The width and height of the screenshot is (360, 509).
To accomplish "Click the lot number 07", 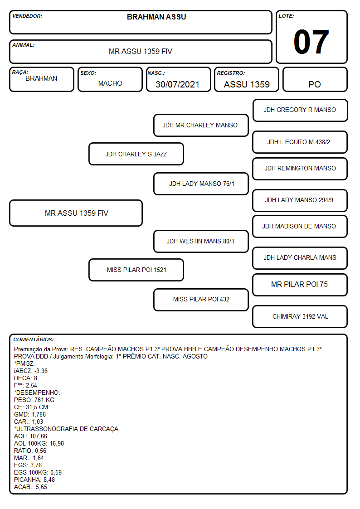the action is tap(311, 42).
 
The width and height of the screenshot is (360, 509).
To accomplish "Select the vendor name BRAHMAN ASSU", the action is tap(156, 17).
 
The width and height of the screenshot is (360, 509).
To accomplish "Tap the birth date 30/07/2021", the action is tap(177, 84).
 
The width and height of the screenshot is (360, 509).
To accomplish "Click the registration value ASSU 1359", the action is tap(247, 84).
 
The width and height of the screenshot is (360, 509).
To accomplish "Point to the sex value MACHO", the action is tap(110, 83).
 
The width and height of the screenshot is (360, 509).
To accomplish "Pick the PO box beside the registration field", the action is tap(315, 79).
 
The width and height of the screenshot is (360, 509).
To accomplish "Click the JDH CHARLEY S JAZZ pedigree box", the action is tap(136, 154).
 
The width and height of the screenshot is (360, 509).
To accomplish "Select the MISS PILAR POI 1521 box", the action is tap(136, 270).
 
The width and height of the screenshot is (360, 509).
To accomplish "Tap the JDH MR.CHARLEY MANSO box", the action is tap(201, 125).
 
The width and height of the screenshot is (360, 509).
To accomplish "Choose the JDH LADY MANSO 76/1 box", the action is tap(201, 184).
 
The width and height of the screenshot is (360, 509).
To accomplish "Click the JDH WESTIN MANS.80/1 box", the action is tap(201, 241).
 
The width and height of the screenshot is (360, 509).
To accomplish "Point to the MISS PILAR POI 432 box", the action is tap(201, 300).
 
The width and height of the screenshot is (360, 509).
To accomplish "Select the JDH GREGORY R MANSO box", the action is tap(300, 111).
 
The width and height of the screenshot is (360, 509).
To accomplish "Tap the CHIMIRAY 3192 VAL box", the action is tap(300, 316).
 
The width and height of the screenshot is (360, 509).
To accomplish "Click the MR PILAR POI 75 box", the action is tap(300, 285).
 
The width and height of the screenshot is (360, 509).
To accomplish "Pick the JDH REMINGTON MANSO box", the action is tap(300, 169).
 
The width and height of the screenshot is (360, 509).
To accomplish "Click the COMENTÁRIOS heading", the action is tap(34, 339).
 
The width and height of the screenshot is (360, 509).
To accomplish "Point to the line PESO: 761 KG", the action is tap(34, 400).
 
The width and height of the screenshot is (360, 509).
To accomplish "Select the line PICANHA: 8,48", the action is tap(34, 480).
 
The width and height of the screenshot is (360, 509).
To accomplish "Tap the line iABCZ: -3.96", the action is tap(31, 371).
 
